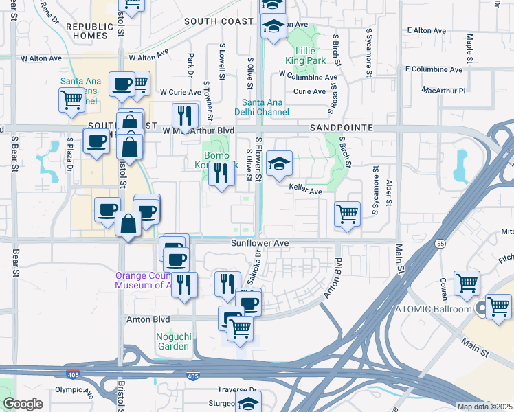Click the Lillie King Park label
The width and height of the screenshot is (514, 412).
(x=309, y=56)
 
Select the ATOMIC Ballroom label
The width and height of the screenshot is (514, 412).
(x=438, y=309)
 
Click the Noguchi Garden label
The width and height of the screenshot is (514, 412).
(x=172, y=341)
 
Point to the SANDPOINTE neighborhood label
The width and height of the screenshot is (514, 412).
(x=341, y=128)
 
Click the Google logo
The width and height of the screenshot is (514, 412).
(x=23, y=404)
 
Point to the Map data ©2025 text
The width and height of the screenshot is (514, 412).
(x=484, y=407)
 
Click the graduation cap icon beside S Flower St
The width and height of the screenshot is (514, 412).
(x=279, y=164)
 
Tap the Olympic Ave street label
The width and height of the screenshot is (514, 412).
(x=74, y=390)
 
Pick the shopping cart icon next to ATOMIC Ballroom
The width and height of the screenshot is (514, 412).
(x=498, y=306)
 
